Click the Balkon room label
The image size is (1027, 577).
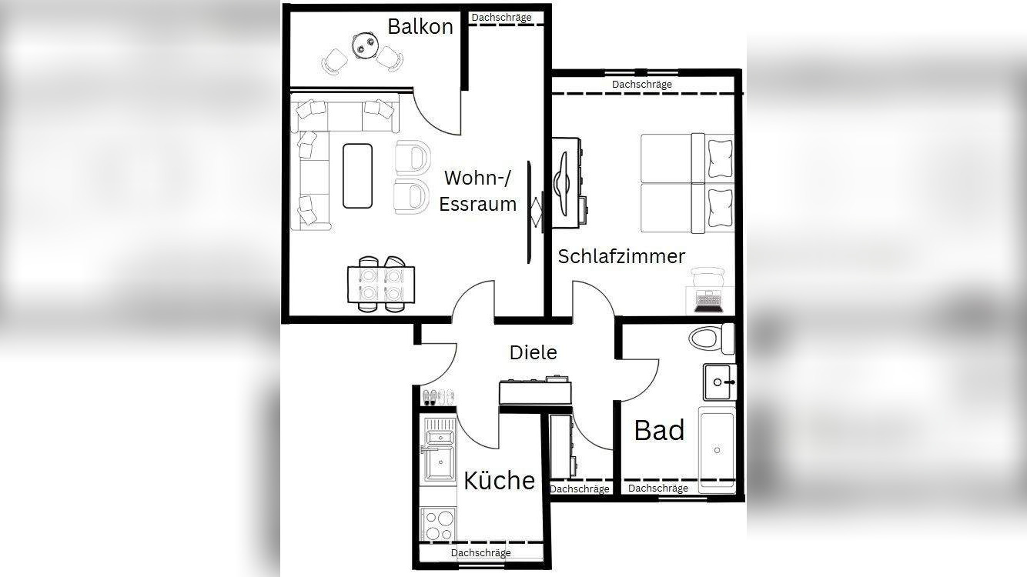(420, 27)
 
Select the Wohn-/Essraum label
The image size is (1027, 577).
(480, 191)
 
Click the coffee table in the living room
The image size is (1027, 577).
(357, 175)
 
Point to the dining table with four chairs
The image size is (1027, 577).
(381, 284)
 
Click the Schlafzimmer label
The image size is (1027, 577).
(621, 256)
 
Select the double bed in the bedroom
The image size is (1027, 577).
(687, 183)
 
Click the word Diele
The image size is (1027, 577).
(533, 352)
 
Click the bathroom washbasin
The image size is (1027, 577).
(719, 382)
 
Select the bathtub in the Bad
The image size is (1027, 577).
(717, 449)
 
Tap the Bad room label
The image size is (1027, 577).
(659, 431)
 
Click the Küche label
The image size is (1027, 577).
(499, 480)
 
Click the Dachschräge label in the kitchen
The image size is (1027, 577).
(480, 553)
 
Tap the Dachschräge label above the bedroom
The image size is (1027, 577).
(641, 84)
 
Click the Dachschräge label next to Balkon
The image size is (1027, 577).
(501, 17)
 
